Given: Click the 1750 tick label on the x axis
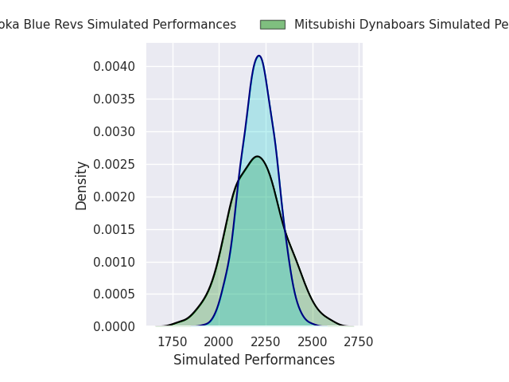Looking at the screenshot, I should point(173,342).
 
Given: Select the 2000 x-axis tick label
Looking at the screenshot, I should point(219,342).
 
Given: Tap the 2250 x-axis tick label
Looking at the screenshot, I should point(266,342).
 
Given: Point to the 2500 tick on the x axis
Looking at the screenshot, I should point(313,342).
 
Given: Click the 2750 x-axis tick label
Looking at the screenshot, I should point(359,342).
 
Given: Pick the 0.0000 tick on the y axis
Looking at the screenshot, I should point(115,327).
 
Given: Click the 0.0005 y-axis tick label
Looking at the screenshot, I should point(115,294).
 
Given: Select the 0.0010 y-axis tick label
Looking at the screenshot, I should point(115,262).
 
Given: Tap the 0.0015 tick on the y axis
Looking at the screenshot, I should point(115,229).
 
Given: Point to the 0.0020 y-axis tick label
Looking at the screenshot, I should point(115,197).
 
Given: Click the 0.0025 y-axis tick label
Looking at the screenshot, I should point(115,164).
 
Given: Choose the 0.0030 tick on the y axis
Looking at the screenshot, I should point(115,131).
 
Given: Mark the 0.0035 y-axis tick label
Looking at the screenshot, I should point(115,99).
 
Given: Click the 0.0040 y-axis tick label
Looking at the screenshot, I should point(115,66).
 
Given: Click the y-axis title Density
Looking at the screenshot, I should point(82,185).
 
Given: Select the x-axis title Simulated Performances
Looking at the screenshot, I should point(254,361).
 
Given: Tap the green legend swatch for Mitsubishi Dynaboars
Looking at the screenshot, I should point(272,25).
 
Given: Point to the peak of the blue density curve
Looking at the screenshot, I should point(258,56).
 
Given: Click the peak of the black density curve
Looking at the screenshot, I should point(257,156).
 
